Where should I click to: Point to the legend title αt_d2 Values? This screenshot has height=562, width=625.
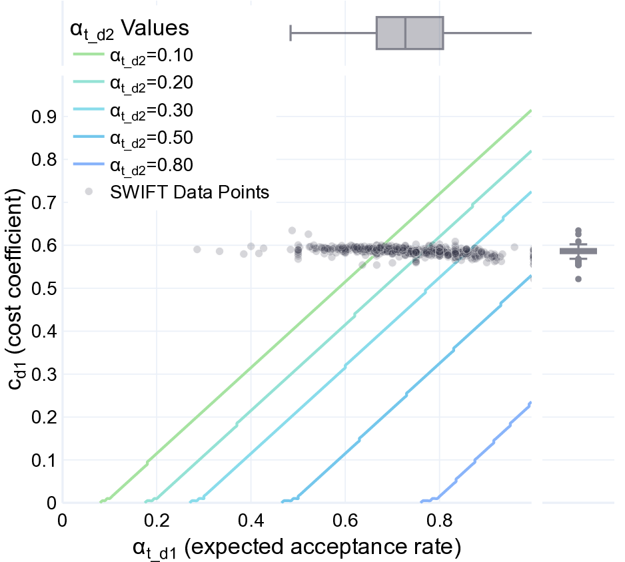click(129, 29)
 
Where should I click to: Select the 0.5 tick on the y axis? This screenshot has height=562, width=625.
click(42, 289)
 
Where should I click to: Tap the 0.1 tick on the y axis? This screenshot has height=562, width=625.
click(42, 461)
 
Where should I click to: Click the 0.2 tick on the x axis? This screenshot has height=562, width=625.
click(157, 519)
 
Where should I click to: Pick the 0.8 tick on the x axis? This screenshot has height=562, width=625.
click(439, 519)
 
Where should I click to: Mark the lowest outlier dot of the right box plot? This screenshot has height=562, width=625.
click(578, 279)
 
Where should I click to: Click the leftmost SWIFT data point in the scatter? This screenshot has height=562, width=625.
click(197, 249)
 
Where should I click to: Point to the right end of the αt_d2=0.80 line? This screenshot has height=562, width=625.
click(531, 403)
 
